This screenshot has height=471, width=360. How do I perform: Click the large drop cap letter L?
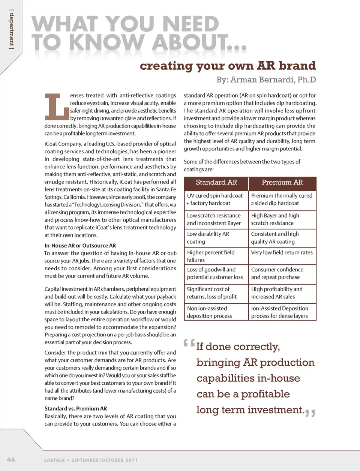click(x=57, y=105)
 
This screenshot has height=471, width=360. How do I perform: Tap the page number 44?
click(x=11, y=459)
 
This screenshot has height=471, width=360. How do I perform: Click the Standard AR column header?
click(x=216, y=183)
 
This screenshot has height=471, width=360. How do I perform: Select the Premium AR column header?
click(x=282, y=183)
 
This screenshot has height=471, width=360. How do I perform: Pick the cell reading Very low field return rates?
click(x=282, y=253)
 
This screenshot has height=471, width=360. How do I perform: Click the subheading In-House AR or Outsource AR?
click(x=80, y=246)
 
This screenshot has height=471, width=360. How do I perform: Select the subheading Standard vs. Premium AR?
click(x=76, y=408)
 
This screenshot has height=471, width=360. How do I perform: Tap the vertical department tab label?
click(x=12, y=30)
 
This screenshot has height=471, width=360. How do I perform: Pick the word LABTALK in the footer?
click(x=55, y=460)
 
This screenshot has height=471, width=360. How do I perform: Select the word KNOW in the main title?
click(x=106, y=42)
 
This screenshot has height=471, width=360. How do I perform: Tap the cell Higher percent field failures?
click(x=211, y=256)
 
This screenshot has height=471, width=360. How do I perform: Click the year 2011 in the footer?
click(x=132, y=460)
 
